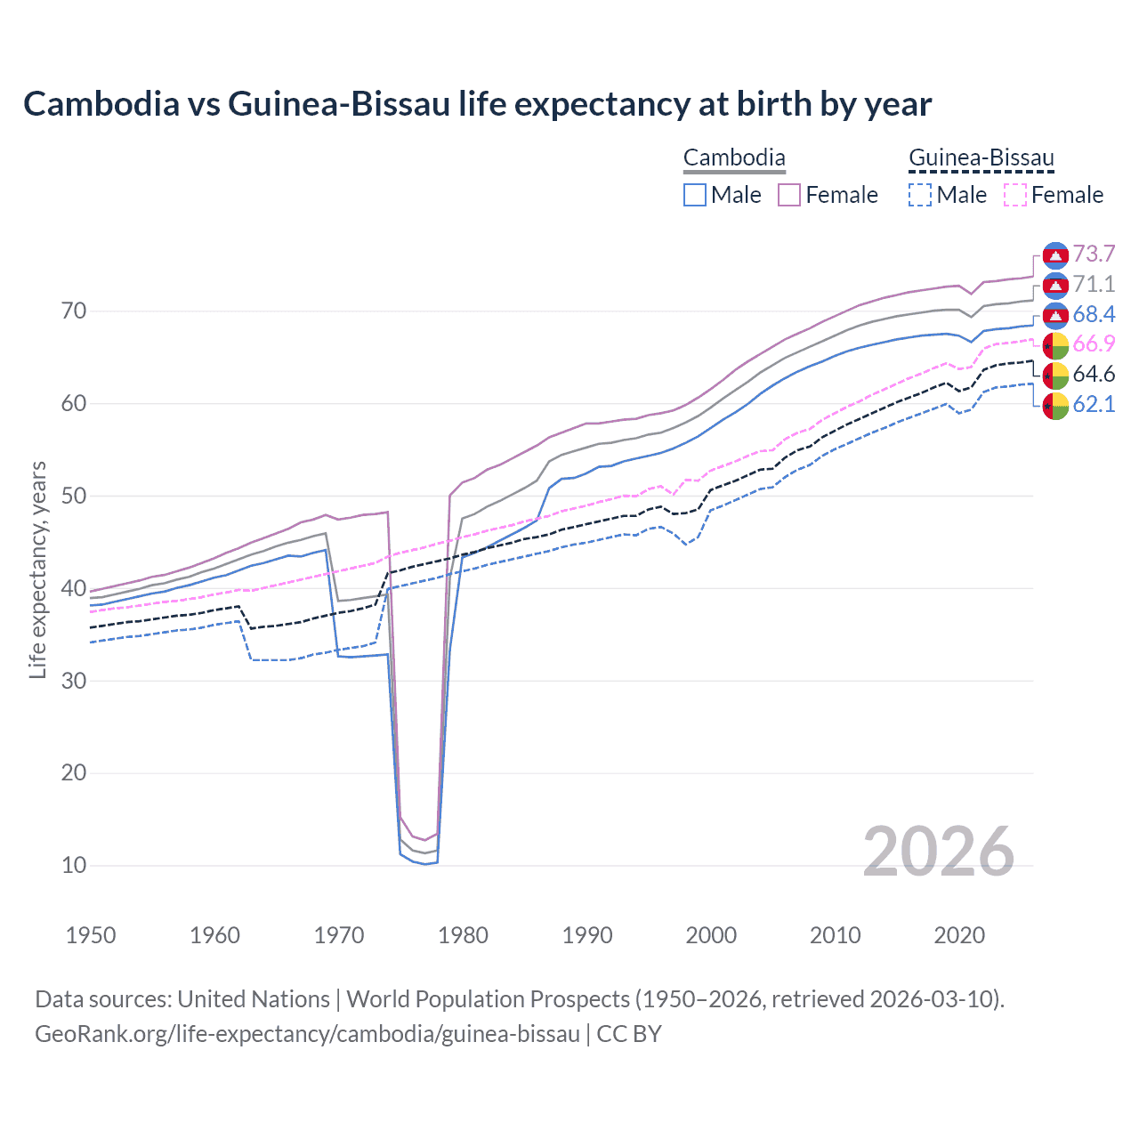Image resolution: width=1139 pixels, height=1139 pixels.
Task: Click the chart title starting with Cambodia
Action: point(477,104)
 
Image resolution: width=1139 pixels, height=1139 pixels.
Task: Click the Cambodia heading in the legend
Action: point(734,158)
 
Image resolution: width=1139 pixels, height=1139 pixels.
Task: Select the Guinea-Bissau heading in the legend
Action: point(981,158)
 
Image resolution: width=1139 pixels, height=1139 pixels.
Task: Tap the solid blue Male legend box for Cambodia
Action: point(695,195)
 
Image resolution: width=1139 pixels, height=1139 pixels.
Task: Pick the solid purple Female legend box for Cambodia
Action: point(790,195)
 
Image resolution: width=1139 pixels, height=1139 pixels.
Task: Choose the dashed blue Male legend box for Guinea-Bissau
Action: point(920,195)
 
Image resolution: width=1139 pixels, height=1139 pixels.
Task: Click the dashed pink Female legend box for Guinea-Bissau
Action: point(1015,195)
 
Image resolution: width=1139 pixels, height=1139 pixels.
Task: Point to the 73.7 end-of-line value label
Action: point(1094,254)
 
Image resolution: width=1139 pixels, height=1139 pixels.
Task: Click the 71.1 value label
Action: point(1094,285)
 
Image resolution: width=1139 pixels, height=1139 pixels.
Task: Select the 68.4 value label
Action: point(1094,314)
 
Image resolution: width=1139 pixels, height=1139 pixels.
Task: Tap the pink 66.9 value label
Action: point(1094,344)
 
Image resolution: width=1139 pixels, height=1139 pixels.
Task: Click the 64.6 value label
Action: point(1094,375)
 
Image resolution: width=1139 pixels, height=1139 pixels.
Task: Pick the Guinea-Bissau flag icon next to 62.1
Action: point(1055,405)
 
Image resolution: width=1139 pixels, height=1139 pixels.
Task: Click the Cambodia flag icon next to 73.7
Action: point(1055,254)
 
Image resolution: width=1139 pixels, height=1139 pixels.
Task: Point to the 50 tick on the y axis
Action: point(74,496)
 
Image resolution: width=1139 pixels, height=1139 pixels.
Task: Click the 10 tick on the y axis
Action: point(74,865)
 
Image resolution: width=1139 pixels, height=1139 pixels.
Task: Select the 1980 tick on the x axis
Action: point(463,935)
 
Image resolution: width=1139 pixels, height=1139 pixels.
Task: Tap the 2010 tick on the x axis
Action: point(835,935)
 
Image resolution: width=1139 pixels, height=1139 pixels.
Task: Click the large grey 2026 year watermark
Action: point(939,852)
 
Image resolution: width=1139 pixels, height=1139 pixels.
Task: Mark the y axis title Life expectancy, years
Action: point(37,569)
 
